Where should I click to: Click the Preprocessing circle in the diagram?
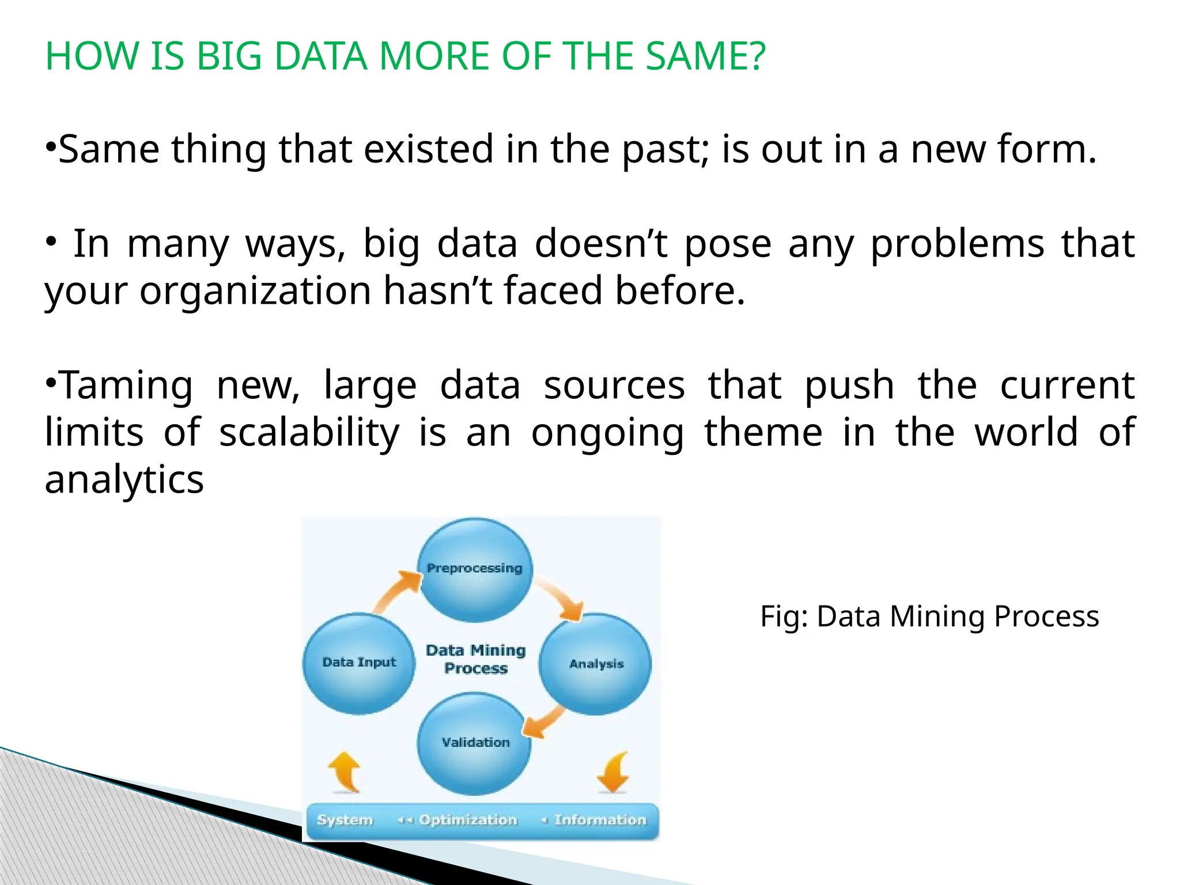475,569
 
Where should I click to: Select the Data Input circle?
359,663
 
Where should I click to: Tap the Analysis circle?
596,664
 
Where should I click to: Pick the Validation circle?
475,743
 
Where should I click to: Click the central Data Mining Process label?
476,659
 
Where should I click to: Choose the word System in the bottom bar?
345,819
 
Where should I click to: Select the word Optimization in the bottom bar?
468,819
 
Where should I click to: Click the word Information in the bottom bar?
600,819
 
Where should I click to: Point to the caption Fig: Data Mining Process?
929,617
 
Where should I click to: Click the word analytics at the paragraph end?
124,479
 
